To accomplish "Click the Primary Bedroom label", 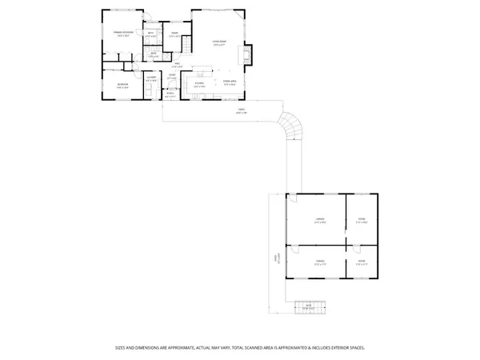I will [x=122, y=34].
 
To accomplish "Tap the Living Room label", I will [x=218, y=42].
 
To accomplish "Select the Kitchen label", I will [x=199, y=83].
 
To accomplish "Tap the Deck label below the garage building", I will [x=307, y=305].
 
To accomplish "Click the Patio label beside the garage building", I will [x=277, y=259].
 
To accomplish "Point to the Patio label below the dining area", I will [x=241, y=111].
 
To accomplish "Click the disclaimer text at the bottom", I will [x=240, y=347].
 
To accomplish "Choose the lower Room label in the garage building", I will [x=361, y=261].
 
